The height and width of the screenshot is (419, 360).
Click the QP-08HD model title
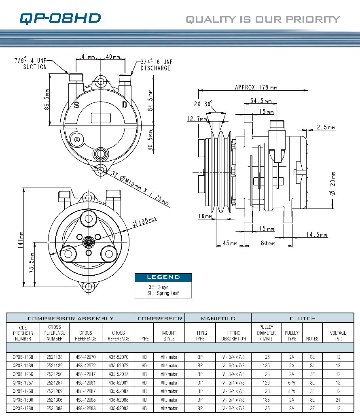tap(60, 18)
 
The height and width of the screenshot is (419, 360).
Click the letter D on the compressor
tap(125, 105)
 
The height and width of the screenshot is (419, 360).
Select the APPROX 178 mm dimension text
tap(256, 87)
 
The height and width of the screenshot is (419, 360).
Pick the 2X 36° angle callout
tap(203, 104)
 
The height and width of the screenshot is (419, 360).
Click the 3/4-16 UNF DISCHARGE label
tap(156, 65)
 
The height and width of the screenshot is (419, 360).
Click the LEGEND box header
tap(163, 277)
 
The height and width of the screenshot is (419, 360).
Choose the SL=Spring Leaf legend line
tap(163, 293)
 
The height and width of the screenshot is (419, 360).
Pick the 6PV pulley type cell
tap(291, 383)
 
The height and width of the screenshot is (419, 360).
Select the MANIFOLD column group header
tap(218, 318)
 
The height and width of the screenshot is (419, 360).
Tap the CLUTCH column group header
tap(302, 318)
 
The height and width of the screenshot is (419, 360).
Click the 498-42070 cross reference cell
tap(86, 357)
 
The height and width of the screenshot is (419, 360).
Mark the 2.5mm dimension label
tap(326, 127)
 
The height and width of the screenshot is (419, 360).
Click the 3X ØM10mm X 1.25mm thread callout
tap(140, 187)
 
